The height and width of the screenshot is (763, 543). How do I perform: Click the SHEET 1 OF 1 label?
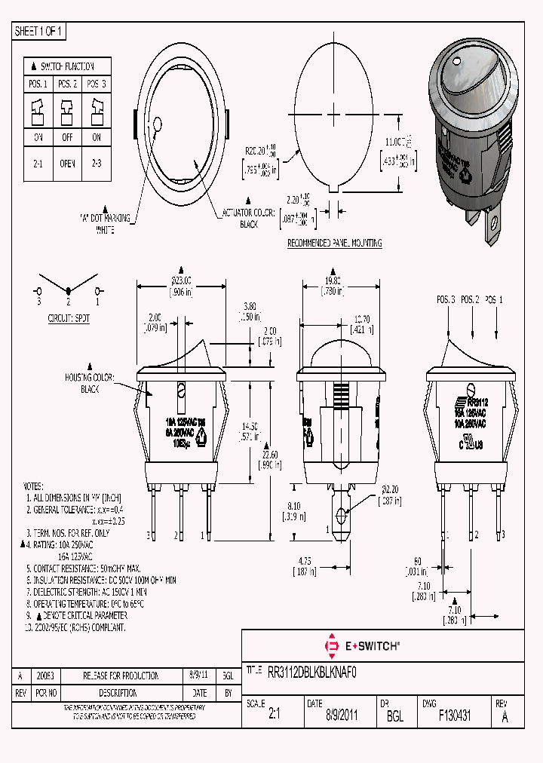(39, 31)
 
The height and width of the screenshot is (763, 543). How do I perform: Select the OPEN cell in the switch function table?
(68, 162)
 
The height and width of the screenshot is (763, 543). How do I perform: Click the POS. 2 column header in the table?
(68, 84)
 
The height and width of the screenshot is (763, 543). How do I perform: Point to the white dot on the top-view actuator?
(158, 124)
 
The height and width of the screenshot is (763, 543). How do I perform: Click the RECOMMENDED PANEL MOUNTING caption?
(335, 244)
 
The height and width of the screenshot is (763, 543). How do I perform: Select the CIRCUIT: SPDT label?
(69, 318)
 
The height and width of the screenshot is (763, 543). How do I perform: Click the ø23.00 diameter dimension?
(180, 278)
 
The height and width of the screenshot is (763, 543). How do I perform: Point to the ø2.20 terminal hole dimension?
(387, 493)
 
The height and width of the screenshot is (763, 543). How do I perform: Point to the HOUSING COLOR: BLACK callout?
(90, 385)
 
